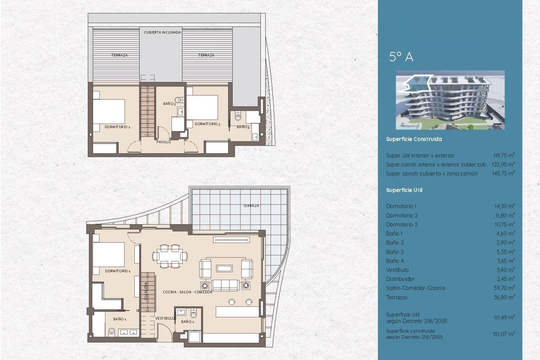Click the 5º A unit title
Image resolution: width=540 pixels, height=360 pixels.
pyautogui.click(x=401, y=57)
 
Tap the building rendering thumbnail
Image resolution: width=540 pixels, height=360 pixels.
pyautogui.click(x=450, y=100)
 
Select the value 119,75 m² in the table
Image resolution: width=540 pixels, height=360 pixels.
pyautogui.click(x=504, y=155)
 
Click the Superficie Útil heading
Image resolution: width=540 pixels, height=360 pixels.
pyautogui.click(x=404, y=190)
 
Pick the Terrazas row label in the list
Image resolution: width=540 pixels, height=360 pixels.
pyautogui.click(x=397, y=297)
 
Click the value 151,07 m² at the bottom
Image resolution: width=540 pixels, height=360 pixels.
pyautogui.click(x=503, y=334)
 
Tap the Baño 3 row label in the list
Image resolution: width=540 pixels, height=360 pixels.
pyautogui.click(x=395, y=252)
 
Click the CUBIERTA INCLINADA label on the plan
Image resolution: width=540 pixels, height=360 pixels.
pyautogui.click(x=162, y=32)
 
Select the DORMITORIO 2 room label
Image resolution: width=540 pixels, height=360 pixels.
pyautogui.click(x=117, y=127)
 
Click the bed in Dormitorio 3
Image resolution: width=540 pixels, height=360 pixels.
pyautogui.click(x=202, y=108)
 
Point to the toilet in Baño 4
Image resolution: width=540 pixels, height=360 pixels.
pyautogui.click(x=238, y=116)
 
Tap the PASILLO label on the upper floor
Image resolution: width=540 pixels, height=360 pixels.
pyautogui.click(x=163, y=142)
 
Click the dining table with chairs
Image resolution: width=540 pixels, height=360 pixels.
pyautogui.click(x=170, y=256)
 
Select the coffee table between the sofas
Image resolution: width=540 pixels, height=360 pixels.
pyautogui.click(x=224, y=268)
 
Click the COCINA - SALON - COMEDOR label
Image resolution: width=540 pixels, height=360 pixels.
pyautogui.click(x=187, y=292)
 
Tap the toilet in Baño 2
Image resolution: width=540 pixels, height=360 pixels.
pyautogui.click(x=194, y=313)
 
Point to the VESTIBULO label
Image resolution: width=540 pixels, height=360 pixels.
pyautogui.click(x=165, y=318)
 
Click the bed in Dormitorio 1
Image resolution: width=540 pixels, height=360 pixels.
pyautogui.click(x=109, y=255)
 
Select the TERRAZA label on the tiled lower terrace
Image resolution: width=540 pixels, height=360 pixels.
pyautogui.click(x=251, y=206)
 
